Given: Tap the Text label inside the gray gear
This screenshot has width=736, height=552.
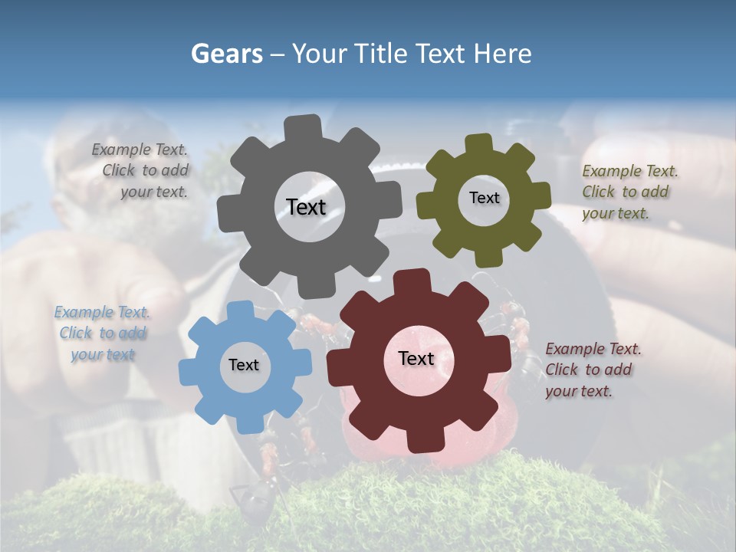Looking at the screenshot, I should click(306, 207).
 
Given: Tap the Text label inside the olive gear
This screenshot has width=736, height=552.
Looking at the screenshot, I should click(484, 198).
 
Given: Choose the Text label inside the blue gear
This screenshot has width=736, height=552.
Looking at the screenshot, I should click(244, 365).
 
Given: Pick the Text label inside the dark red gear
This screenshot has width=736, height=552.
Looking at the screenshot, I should click(416, 358).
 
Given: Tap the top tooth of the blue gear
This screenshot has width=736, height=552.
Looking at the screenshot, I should click(240, 310).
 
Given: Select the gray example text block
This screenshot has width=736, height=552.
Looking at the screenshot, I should click(143, 171).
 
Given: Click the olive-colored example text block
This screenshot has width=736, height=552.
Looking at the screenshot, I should click(629, 192).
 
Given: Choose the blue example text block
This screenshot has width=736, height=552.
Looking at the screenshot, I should click(103, 333).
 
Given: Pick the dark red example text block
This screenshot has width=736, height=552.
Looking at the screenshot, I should click(593, 370).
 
